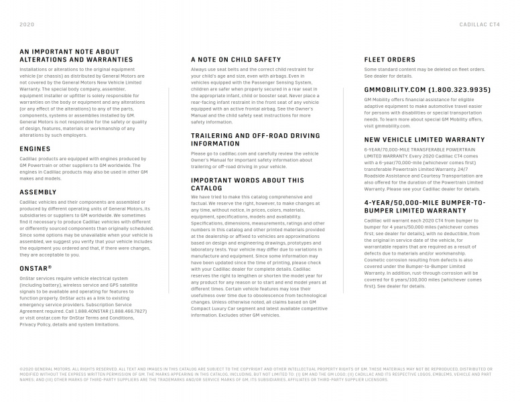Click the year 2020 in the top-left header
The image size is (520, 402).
point(27,23)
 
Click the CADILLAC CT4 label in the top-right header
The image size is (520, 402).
point(479,23)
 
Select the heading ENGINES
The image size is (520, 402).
point(35,149)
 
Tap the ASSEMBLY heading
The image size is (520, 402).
point(38,192)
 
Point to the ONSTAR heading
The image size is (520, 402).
point(34,267)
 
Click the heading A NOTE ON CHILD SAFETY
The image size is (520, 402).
point(236,60)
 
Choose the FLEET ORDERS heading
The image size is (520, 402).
point(389,60)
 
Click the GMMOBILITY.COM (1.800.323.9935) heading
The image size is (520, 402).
point(427,89)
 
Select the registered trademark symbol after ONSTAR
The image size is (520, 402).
point(50,266)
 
